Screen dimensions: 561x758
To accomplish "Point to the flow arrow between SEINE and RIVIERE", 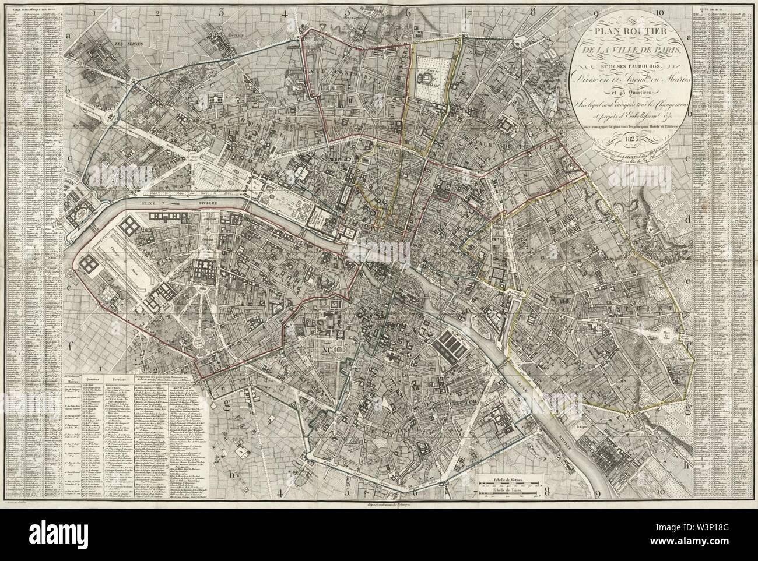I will click(174, 204).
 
